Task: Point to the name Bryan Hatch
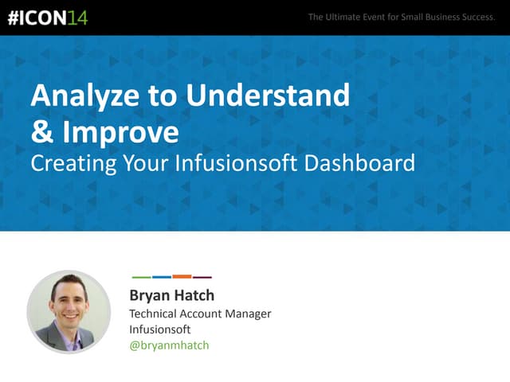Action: coord(171,296)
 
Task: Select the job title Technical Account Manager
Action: coord(200,314)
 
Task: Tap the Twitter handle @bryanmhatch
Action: coord(169,345)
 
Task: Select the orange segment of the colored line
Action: coord(182,277)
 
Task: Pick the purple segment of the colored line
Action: coord(202,277)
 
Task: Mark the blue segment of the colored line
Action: coord(161,277)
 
